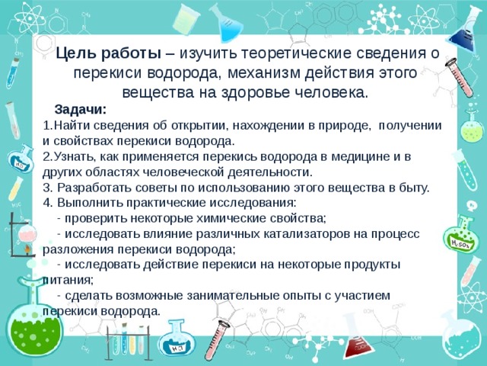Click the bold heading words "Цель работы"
point(107,53)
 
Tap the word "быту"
point(411,188)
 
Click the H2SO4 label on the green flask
point(459,242)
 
